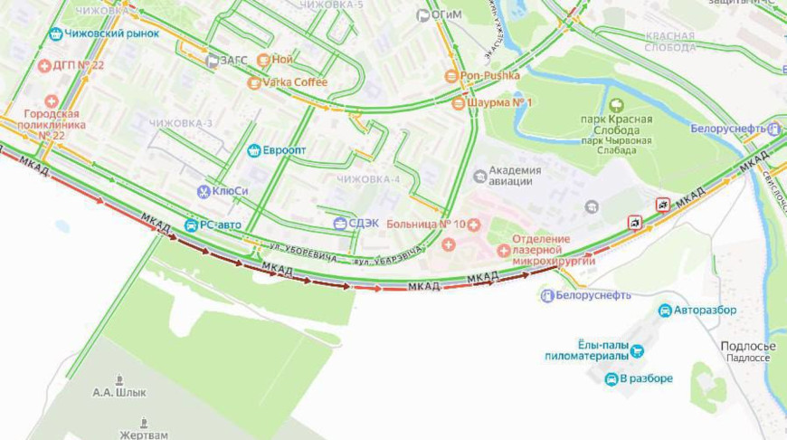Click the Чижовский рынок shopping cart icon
[57, 33]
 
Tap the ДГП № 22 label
[79, 65]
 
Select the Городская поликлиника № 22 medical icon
[52, 101]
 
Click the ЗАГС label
[233, 61]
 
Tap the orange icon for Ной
[263, 61]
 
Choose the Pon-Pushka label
[490, 76]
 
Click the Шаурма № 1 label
[500, 102]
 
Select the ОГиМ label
[449, 15]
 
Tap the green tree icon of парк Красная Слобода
[617, 105]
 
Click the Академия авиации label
[515, 176]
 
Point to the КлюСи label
[231, 192]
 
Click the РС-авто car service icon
[191, 225]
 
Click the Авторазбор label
[705, 311]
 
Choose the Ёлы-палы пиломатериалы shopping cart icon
[637, 351]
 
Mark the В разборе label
[646, 378]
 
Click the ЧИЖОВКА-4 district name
[368, 179]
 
